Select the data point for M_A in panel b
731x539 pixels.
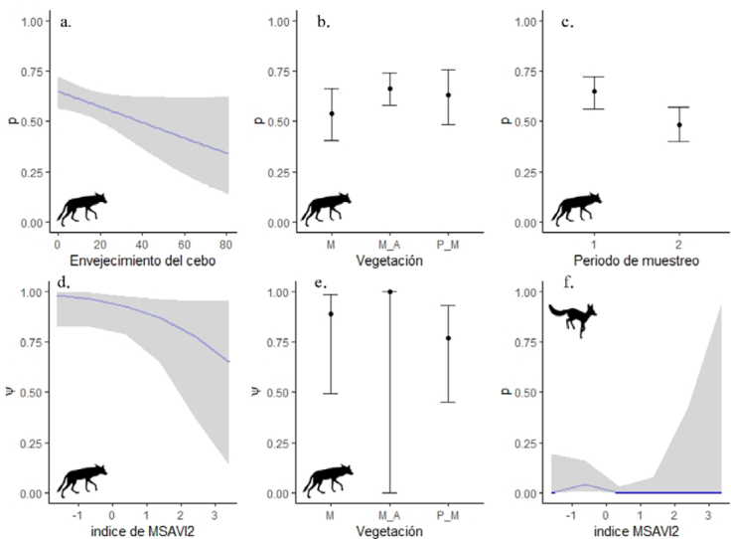pyautogui.click(x=390, y=89)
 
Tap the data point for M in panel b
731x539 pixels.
pyautogui.click(x=333, y=113)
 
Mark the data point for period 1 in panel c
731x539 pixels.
pyautogui.click(x=594, y=91)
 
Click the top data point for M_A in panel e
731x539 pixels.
pyautogui.click(x=390, y=291)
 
